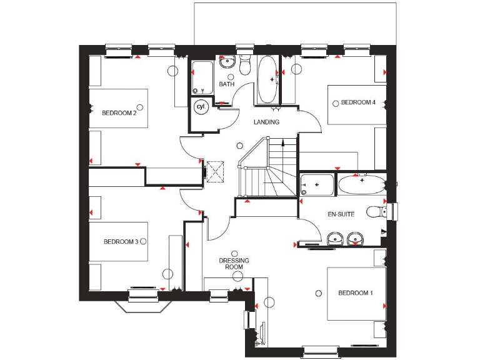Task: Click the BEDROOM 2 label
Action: tap(119, 113)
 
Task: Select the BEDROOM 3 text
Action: tap(121, 242)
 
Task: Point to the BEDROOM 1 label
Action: tap(356, 292)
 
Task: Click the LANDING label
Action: tap(266, 122)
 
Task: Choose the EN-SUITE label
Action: tap(341, 214)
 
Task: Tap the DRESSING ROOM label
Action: tap(234, 264)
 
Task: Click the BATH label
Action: tap(226, 84)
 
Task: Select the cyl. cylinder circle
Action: tap(201, 107)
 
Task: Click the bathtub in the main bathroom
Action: tap(267, 80)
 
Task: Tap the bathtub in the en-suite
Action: tap(362, 185)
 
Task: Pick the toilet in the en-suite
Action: tap(377, 212)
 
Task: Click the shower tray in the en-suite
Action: tap(317, 185)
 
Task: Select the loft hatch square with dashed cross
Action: tap(216, 171)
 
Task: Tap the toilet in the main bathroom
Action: tap(244, 64)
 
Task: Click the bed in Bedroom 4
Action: tap(357, 105)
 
